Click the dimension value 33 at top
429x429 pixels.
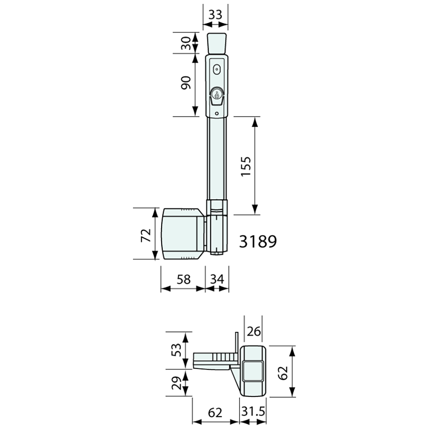(215, 14)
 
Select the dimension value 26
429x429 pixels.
(253, 332)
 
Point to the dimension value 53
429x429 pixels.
(176, 349)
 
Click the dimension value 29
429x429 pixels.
(176, 383)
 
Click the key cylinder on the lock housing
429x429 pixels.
(216, 94)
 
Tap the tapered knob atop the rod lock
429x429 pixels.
(216, 44)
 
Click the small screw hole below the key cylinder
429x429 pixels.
(216, 114)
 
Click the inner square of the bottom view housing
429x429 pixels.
(253, 370)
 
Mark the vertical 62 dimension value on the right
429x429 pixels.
(284, 371)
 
